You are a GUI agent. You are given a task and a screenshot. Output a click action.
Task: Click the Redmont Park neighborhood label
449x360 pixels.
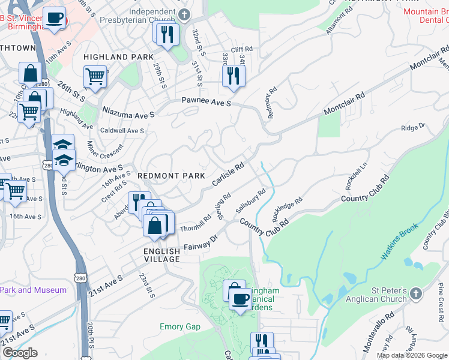pos(172,175)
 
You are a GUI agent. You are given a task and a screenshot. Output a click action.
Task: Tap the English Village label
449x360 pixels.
pos(161,255)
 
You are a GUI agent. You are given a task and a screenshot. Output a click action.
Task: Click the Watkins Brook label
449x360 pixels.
pos(402,244)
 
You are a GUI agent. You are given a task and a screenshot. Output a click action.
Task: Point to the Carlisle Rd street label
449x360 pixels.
pos(228,173)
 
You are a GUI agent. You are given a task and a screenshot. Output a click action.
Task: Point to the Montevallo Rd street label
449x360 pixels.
pos(379,331)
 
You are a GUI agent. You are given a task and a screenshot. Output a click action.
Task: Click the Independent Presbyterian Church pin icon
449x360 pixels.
pos(185,14)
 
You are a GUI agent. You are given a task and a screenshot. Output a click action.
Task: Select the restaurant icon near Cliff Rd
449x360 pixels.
pos(232,76)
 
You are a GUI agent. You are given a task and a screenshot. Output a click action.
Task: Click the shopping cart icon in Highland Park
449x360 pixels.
pos(95,76)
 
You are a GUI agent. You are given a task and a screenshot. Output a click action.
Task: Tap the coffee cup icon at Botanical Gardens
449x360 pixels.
pos(241,299)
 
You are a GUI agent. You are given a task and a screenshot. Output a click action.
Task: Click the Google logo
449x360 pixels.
pos(20,353)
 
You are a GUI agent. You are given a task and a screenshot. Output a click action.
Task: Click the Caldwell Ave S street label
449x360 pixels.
pos(122,130)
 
